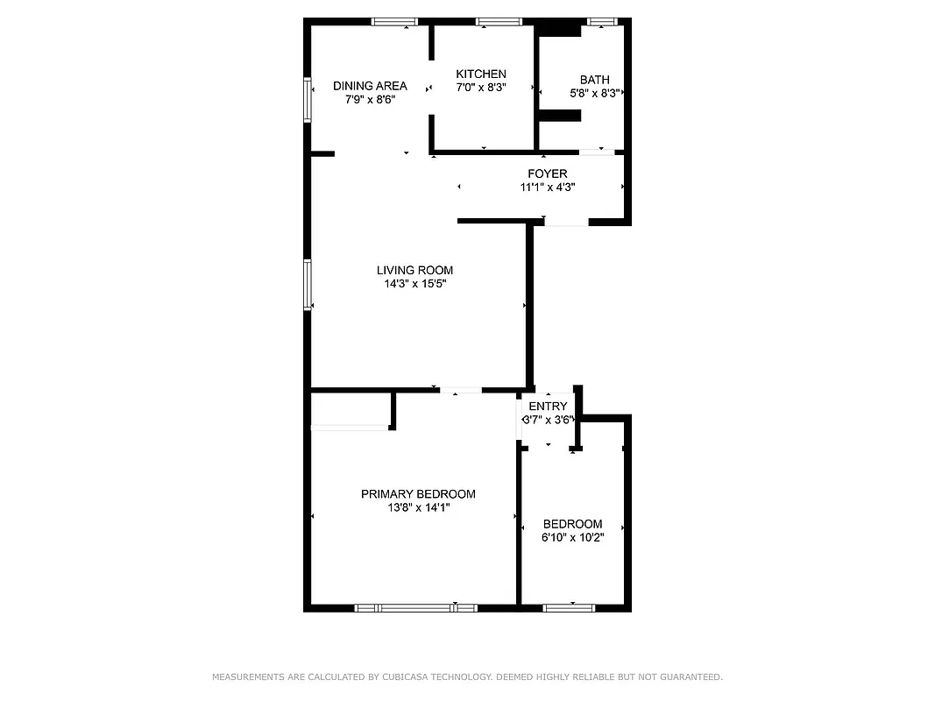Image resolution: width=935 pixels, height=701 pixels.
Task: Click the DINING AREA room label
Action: tap(370, 86)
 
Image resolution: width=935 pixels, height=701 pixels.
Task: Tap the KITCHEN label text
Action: tap(480, 74)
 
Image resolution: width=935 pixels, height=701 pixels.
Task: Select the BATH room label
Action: tap(594, 80)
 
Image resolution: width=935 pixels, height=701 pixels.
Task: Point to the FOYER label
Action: tap(547, 173)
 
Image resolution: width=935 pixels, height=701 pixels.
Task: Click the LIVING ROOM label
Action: tap(414, 271)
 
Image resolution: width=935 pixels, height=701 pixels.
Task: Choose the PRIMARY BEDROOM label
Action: tap(418, 494)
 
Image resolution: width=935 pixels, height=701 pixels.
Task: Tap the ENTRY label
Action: tap(548, 407)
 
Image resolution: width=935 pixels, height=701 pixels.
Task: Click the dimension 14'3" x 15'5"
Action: tap(414, 284)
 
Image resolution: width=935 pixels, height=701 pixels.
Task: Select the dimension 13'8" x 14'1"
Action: tap(418, 507)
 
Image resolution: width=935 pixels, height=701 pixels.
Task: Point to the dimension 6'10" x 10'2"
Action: tap(572, 537)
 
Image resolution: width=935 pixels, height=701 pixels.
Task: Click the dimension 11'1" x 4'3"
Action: tap(547, 187)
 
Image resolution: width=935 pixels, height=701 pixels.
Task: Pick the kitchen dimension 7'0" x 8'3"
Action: tap(480, 88)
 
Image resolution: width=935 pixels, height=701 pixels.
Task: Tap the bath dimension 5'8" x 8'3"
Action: tap(594, 93)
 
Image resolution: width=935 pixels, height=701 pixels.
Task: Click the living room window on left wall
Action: tap(308, 284)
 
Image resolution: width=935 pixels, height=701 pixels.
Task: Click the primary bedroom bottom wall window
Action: tap(415, 607)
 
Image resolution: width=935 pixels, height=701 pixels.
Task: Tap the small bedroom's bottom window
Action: tap(568, 607)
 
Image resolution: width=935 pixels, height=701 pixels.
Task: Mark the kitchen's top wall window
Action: tap(499, 21)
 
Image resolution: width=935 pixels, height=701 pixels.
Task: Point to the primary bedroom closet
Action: tap(350, 409)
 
